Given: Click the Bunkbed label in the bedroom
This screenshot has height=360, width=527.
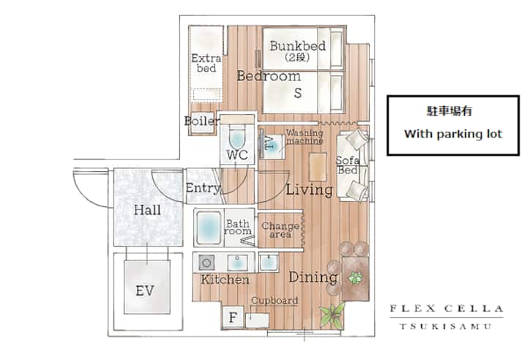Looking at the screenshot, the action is [298, 46].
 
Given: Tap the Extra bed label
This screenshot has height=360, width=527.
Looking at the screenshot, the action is [206, 63].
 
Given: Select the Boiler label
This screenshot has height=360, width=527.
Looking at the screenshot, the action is [201, 121].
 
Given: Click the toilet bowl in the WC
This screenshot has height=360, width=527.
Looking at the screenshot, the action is [237, 138].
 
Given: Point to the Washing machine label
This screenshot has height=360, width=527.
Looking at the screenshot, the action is [304, 137].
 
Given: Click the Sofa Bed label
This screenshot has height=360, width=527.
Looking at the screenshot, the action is [348, 165].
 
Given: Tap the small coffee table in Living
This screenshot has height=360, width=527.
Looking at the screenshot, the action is [318, 167].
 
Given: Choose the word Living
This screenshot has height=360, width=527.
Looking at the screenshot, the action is [309, 190].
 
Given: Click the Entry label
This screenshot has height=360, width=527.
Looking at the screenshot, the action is [203, 188].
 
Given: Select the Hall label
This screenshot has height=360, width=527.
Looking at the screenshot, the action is [147, 210].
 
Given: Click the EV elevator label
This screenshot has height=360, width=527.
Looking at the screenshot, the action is [145, 290].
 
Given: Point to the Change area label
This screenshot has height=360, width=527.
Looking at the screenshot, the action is [280, 230].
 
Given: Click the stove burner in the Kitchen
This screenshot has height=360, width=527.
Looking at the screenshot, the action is [206, 263].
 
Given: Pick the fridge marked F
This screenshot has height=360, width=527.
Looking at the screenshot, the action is [233, 317].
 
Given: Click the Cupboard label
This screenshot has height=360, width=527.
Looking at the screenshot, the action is [274, 300].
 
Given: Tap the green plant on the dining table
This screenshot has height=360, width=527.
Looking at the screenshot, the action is [355, 278].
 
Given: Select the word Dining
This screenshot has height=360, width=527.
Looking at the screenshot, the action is [313, 277].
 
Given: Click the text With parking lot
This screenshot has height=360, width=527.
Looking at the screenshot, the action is [453, 134].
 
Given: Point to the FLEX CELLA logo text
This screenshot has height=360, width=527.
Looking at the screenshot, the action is [446, 309].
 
